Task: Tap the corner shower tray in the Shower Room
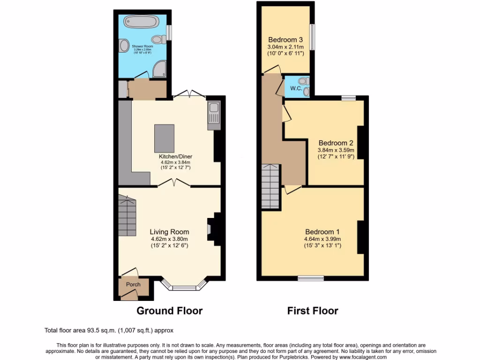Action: point(159,70)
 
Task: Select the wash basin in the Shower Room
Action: point(124,46)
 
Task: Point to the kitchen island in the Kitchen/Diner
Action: point(164,138)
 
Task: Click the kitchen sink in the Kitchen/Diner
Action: point(213,112)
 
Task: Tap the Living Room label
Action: point(169,232)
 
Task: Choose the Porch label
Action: point(133,285)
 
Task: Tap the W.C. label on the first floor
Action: point(296,88)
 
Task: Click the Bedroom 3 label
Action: point(285,39)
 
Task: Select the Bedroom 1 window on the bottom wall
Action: point(310,278)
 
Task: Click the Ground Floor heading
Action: point(169,310)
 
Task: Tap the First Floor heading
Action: point(313,310)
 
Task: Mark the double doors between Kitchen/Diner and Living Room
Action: point(174,184)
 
